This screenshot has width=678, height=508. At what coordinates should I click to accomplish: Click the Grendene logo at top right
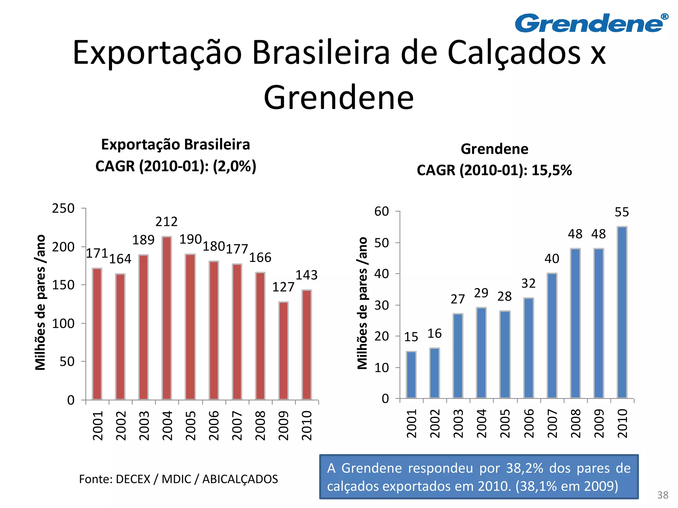pos(591,23)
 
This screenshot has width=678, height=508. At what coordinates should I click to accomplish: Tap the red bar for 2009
pos(283,351)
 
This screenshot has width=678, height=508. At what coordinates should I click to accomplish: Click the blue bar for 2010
pos(622,312)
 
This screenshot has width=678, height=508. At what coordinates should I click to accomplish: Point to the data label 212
pos(167,222)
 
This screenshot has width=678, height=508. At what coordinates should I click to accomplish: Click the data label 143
pos(306,275)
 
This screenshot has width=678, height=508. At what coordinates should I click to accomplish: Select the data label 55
pos(621,212)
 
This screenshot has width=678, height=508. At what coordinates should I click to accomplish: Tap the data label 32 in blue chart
pos(528,283)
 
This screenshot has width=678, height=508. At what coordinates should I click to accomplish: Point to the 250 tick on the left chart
pos(63,208)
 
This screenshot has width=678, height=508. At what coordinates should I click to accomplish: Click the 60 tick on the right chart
pos(381,211)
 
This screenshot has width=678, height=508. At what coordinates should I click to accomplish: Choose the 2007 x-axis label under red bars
pos(237,425)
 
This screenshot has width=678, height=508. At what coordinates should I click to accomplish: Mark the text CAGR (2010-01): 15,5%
pos(494,170)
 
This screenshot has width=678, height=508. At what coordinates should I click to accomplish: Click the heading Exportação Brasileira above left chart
pos(175,145)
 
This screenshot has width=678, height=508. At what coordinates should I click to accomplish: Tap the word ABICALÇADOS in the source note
pos(240,479)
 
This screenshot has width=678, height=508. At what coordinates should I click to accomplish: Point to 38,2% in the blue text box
pos(525,468)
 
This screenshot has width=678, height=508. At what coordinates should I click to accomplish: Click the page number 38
pos(662,495)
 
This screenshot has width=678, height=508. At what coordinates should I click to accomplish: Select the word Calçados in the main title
pos(514,53)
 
